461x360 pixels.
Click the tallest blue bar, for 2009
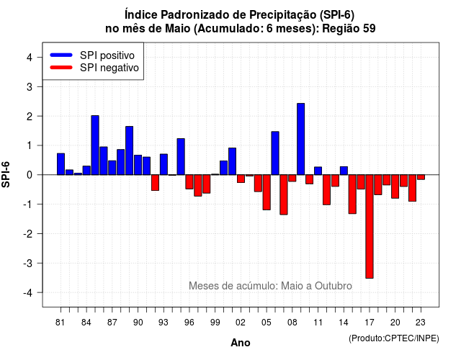click(x=301, y=139)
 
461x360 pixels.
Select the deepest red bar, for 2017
click(x=370, y=226)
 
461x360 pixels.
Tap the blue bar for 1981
click(x=61, y=164)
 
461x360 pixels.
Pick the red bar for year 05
click(x=267, y=192)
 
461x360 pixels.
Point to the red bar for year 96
click(x=189, y=181)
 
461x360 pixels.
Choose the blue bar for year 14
click(x=344, y=171)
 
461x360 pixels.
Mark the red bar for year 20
click(x=395, y=186)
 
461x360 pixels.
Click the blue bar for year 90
click(x=138, y=165)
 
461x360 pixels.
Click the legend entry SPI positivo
click(x=107, y=55)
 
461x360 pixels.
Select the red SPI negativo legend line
click(x=61, y=68)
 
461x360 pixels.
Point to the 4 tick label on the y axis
click(x=30, y=58)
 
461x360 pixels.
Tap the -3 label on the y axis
click(x=27, y=264)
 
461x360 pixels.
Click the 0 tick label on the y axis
click(x=30, y=175)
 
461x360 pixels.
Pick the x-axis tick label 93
click(x=164, y=323)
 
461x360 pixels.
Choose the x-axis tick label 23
click(x=421, y=323)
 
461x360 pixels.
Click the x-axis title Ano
click(x=241, y=343)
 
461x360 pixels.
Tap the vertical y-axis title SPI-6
click(x=6, y=174)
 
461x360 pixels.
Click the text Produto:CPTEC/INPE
click(x=394, y=338)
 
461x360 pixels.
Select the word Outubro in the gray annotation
click(x=333, y=286)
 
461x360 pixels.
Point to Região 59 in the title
click(x=349, y=29)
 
